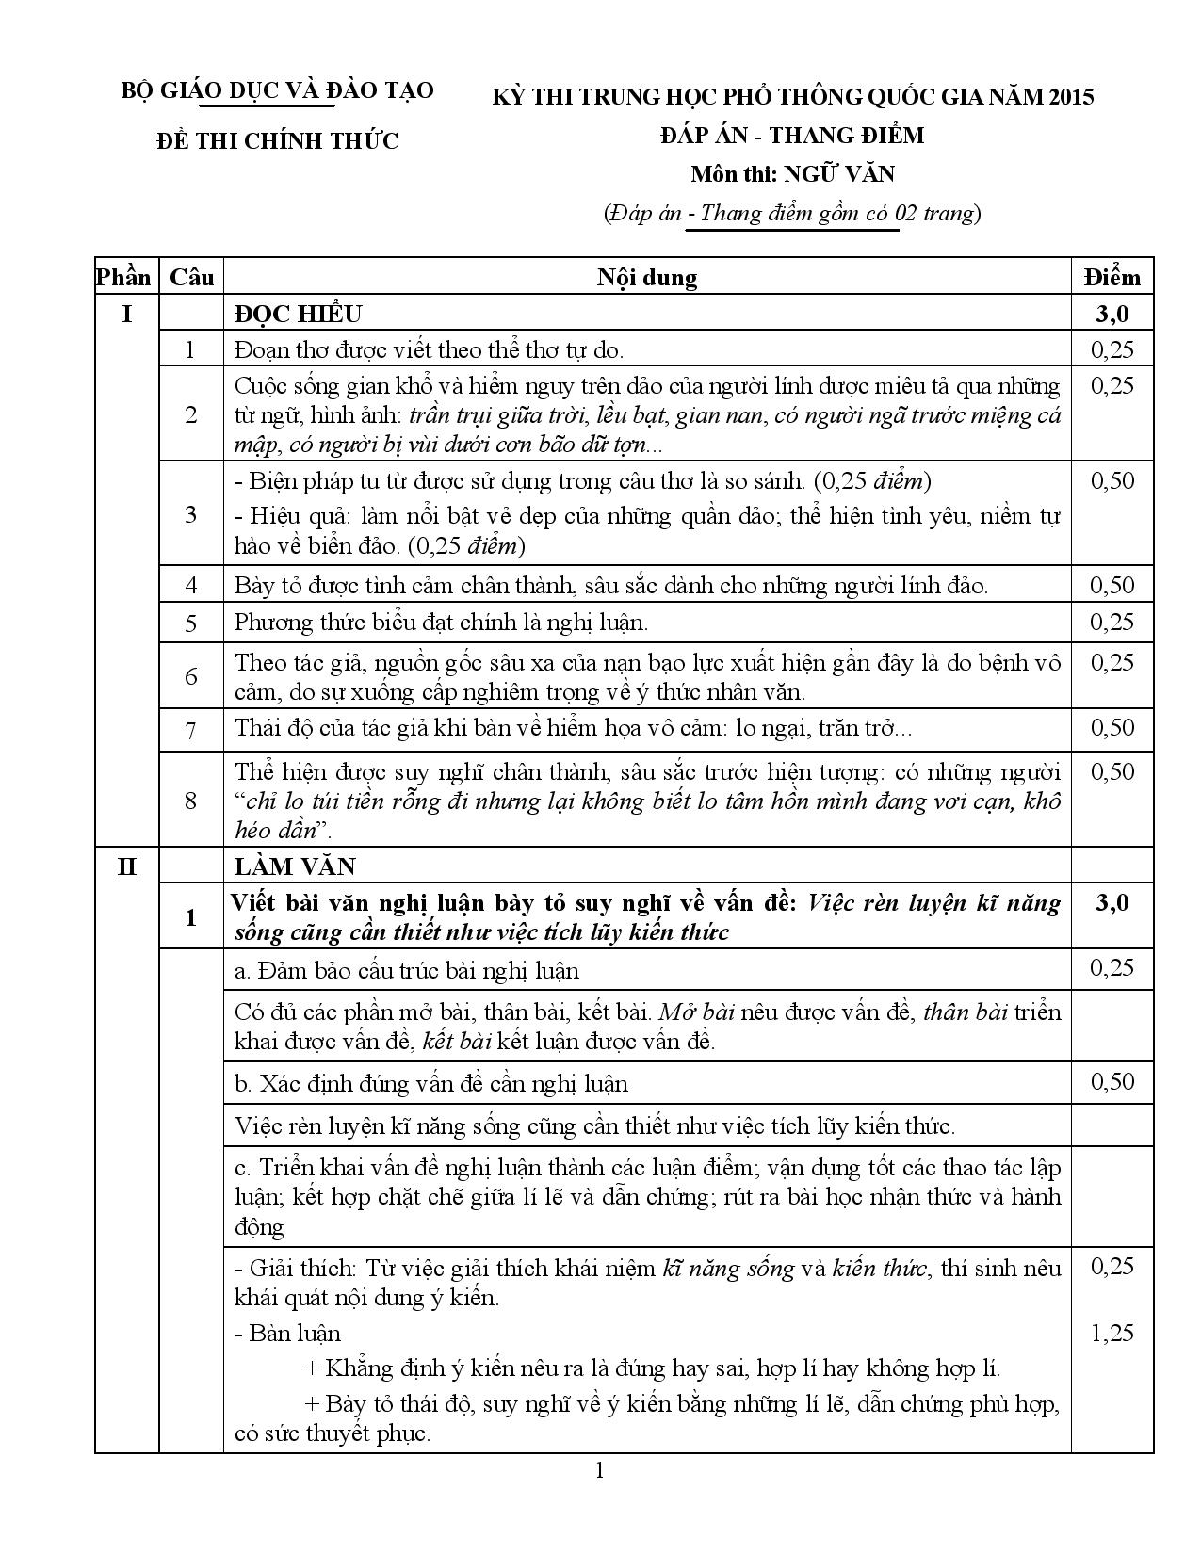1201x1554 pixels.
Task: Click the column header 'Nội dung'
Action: (647, 277)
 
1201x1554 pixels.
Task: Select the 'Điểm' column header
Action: (1112, 277)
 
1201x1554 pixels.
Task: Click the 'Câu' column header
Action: (191, 277)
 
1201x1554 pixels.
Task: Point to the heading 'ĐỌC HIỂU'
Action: (298, 314)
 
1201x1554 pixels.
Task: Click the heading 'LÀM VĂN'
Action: (295, 866)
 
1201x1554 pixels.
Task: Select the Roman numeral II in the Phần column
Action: (126, 866)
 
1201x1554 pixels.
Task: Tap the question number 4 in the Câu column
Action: (191, 585)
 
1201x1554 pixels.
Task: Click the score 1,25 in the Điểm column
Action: (1112, 1333)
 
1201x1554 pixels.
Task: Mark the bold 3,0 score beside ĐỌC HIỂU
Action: (1112, 314)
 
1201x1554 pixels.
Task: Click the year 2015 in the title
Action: (1068, 96)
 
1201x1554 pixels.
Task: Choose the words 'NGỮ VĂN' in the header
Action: (840, 174)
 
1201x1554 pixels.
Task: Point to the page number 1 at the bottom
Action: (600, 1471)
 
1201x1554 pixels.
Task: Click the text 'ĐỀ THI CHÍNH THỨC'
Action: (278, 141)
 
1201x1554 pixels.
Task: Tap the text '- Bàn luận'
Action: (287, 1333)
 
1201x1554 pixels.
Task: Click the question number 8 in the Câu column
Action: (191, 801)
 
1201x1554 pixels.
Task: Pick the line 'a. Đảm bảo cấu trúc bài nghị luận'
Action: (407, 970)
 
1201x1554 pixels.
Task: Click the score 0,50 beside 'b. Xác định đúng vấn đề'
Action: (1112, 1081)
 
